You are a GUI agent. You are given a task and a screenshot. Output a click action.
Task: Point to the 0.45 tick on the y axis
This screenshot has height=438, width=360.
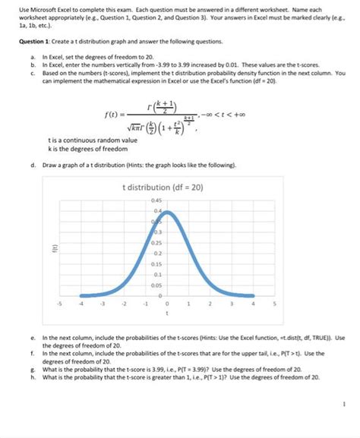(x=157, y=200)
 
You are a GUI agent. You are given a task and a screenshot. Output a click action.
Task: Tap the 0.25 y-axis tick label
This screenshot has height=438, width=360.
(x=157, y=242)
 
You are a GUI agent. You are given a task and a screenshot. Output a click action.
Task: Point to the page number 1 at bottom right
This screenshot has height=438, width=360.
(x=343, y=404)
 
